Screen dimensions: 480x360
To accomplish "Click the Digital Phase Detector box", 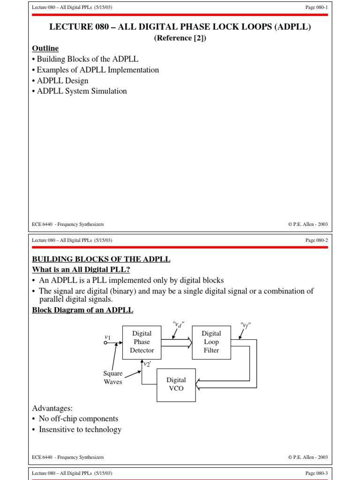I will pos(142,342).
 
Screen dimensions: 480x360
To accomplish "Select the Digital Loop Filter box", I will pos(211,342).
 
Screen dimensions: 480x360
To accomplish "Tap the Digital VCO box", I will pos(176,384).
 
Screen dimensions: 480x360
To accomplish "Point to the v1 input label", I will pos(107,337).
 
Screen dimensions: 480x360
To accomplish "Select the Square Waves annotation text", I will pos(113,377).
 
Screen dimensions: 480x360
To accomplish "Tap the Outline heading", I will pos(45,48).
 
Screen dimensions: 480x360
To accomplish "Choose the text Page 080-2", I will pos(316,240).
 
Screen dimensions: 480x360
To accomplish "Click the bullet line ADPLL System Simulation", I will pos(82,91).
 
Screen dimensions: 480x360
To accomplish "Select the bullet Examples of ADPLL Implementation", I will pos(97,70).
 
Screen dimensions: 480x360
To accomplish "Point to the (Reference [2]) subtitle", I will pos(180,38).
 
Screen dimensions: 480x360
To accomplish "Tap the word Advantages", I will pos(52,408).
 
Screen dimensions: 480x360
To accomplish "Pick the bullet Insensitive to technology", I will pos(80,429).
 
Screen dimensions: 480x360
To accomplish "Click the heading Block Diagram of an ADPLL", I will pos(82,310).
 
